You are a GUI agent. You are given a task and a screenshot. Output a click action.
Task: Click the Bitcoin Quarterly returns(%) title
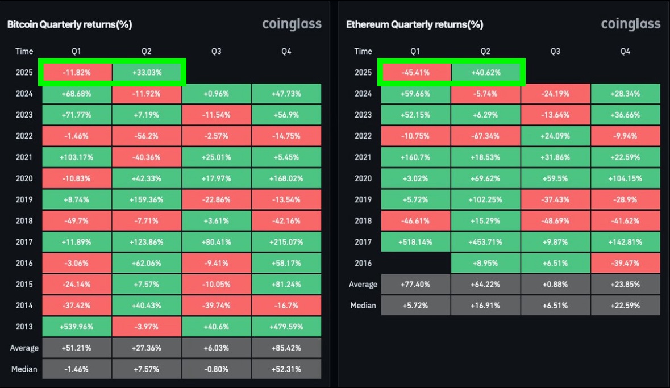pos(69,24)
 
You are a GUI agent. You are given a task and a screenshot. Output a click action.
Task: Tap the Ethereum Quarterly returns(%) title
pos(414,24)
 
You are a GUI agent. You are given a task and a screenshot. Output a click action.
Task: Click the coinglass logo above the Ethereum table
pos(630,24)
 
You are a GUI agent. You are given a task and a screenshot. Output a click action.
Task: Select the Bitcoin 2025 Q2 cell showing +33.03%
pos(147,73)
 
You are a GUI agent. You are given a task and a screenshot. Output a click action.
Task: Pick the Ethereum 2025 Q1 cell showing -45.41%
pos(415,73)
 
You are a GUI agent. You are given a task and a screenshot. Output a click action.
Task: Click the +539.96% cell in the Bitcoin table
pos(76,327)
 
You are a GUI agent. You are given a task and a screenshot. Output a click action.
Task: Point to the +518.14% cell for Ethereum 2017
pos(415,242)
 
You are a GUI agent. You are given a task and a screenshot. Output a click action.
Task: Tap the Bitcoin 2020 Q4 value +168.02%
pos(286,178)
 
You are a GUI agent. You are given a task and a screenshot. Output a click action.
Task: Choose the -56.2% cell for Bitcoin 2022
pos(147,136)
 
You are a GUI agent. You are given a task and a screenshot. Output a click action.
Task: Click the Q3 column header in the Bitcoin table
pos(217,51)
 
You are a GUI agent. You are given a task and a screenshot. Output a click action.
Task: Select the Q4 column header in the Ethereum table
pos(625,51)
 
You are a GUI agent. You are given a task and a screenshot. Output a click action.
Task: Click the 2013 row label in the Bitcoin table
pos(24,327)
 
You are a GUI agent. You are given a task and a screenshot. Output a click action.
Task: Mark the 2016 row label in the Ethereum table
pos(363,263)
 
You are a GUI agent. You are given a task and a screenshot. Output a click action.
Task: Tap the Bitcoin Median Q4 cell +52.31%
pos(286,369)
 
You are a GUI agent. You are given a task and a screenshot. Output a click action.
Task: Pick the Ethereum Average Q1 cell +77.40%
pos(415,284)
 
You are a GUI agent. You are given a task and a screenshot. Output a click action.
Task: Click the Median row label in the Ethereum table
pos(363,306)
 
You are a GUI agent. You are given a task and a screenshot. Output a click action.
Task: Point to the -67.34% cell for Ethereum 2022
pos(485,136)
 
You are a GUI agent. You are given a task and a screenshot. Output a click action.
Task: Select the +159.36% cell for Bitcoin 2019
pos(147,200)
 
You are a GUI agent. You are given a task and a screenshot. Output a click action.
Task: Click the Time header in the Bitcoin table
pos(24,51)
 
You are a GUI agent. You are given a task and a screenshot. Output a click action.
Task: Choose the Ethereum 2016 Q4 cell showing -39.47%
pos(625,263)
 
